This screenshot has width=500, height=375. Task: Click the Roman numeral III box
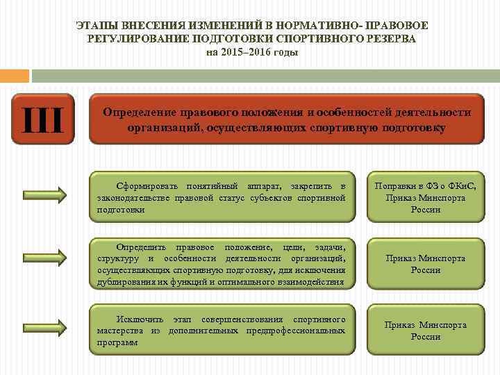[x=42, y=119]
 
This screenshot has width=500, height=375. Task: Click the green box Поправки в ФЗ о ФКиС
[x=426, y=197]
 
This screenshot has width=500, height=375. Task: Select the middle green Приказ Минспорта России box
[x=426, y=264]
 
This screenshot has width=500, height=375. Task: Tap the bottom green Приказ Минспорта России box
[x=426, y=331]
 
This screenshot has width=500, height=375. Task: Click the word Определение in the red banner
[x=135, y=112]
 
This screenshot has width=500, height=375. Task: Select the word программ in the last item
[x=117, y=342]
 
